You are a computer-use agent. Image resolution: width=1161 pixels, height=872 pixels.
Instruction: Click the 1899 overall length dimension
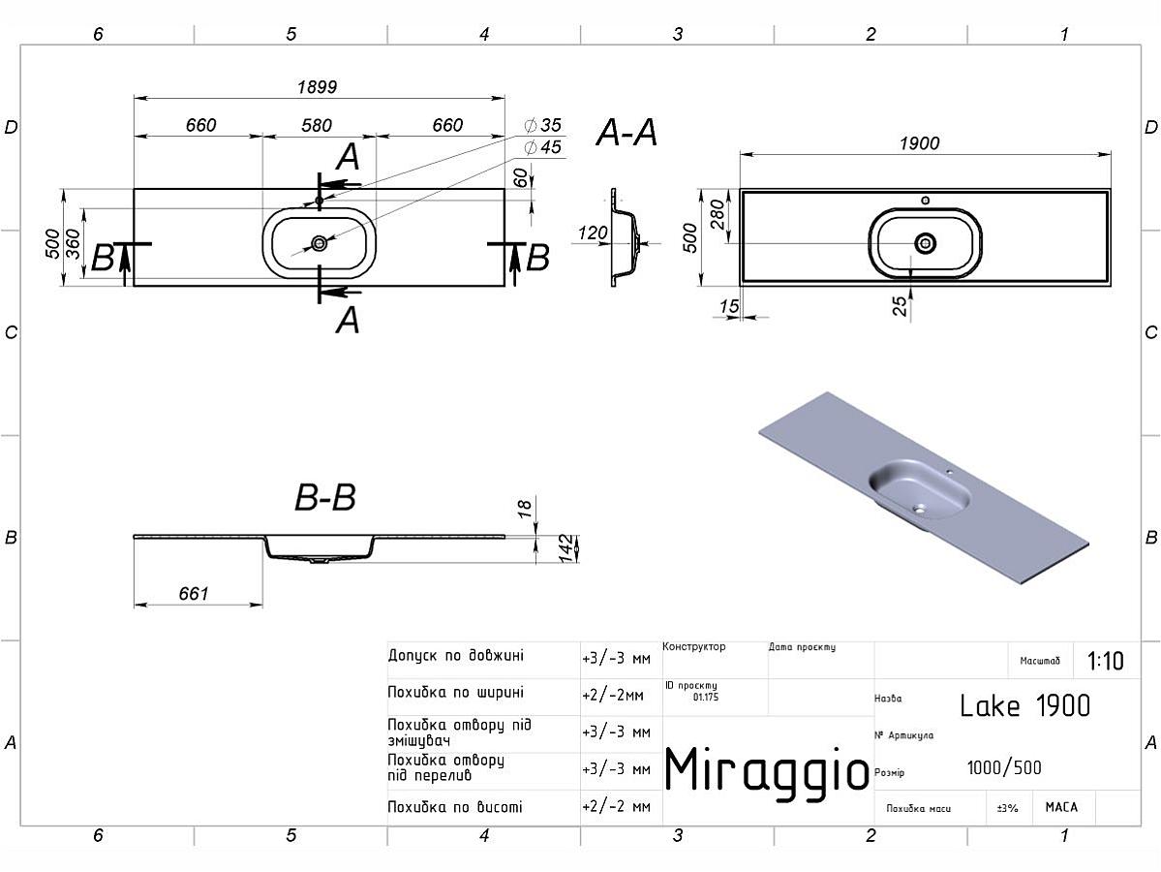317,87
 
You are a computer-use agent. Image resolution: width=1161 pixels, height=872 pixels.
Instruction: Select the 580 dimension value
317,126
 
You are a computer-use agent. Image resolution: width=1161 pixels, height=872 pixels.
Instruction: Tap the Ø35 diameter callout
542,126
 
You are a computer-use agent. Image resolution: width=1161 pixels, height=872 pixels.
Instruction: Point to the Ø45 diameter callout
542,147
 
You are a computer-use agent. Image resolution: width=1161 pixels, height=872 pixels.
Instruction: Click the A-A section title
626,133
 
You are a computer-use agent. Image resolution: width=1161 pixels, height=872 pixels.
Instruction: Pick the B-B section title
325,499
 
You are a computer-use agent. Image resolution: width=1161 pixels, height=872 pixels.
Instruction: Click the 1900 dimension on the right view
919,143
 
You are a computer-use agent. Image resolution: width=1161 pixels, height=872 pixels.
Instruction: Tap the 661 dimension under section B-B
194,594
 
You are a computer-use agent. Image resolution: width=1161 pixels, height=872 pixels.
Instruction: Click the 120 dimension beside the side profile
593,234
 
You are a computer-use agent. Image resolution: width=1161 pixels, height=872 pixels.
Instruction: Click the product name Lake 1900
1024,706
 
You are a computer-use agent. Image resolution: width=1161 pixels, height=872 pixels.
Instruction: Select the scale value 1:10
1106,662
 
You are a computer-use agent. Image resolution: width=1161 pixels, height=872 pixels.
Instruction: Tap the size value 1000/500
1004,768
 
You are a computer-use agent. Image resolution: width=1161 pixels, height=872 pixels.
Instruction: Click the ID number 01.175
706,697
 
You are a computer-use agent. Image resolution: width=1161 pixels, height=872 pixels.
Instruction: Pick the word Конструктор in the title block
694,647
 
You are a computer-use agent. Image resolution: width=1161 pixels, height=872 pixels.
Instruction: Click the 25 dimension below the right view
900,306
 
